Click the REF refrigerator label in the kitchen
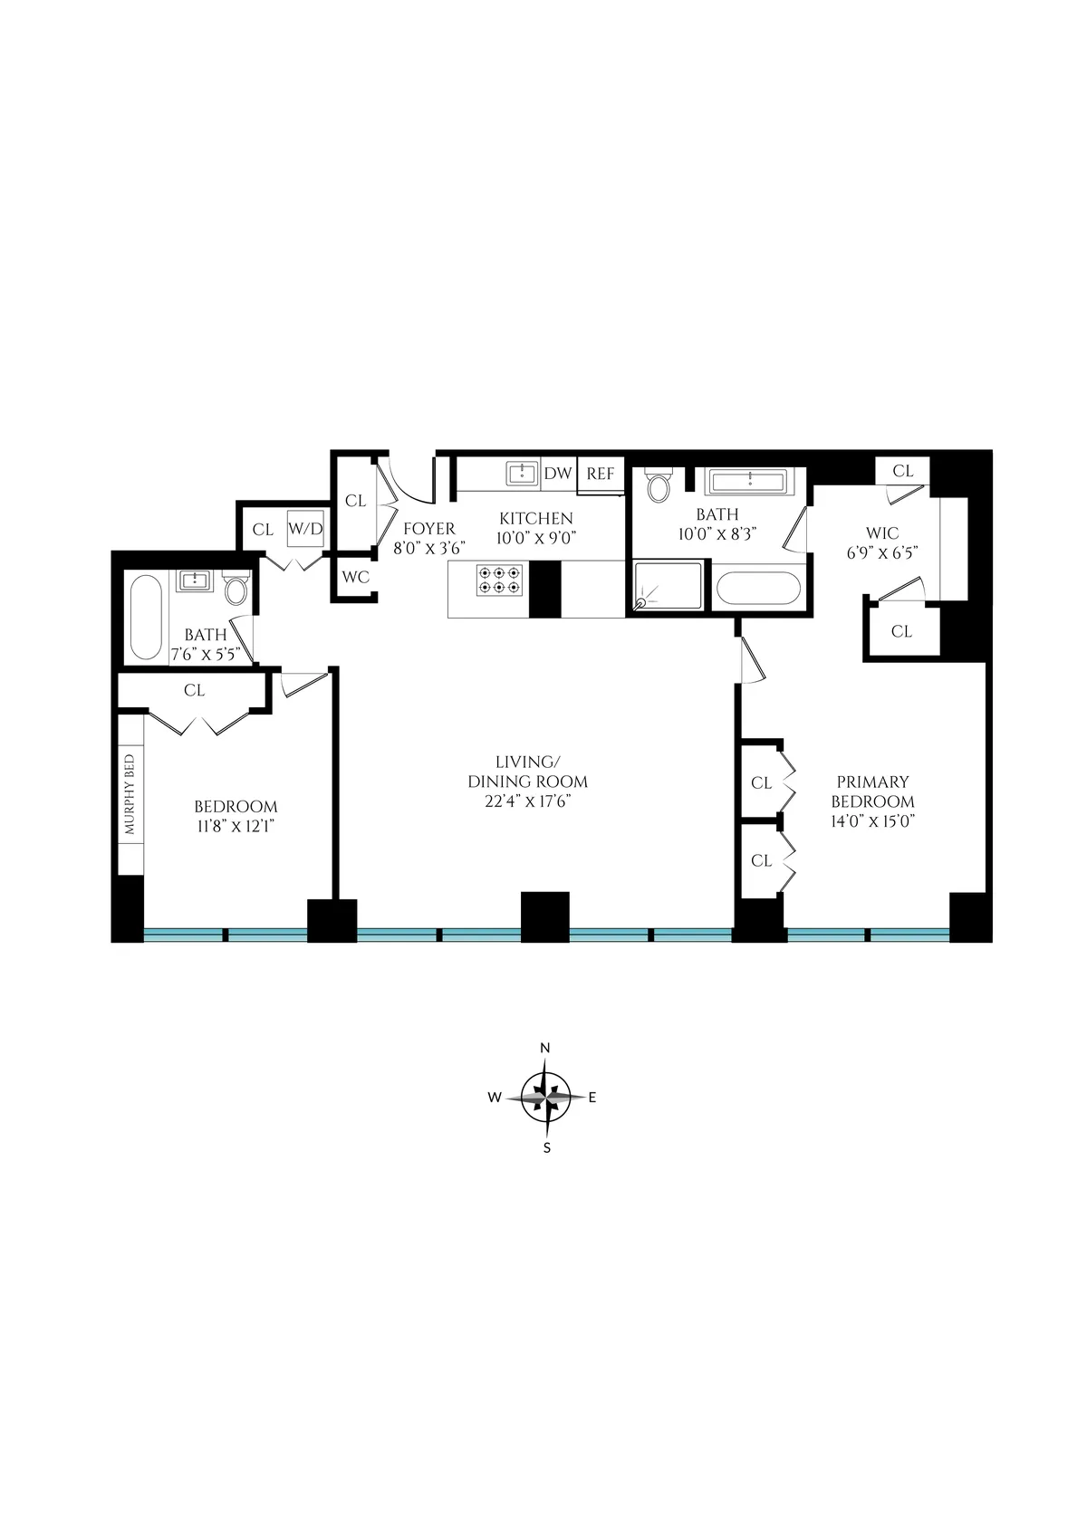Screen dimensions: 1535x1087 tap(600, 474)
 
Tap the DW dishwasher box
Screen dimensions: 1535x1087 tap(558, 474)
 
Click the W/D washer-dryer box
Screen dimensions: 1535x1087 tap(305, 529)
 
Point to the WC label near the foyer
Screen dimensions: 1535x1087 tap(355, 577)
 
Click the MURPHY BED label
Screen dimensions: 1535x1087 tap(130, 794)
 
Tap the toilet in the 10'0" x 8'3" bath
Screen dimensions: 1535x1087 tap(659, 485)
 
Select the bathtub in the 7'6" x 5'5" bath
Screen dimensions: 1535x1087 tap(146, 619)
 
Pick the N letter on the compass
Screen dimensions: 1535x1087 tap(545, 1048)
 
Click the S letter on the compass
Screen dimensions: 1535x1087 tap(546, 1147)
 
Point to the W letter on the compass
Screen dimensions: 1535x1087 tap(495, 1098)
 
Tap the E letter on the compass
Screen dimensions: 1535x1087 tap(592, 1098)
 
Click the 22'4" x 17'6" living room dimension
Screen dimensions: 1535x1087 tap(527, 801)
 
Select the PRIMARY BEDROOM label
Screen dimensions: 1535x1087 tap(872, 791)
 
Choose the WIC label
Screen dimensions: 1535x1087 tap(882, 534)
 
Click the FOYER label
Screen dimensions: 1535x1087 tap(429, 529)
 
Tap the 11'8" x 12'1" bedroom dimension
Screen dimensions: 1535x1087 tap(236, 826)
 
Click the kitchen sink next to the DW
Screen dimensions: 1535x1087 tap(523, 473)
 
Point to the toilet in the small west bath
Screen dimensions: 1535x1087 tap(236, 590)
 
